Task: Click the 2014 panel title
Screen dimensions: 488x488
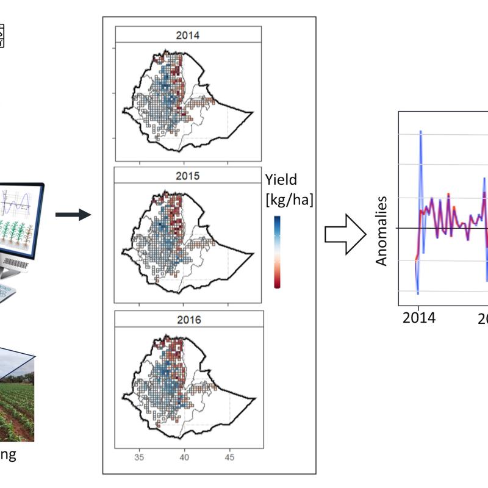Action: [x=188, y=35]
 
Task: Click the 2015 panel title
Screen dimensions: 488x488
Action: [x=188, y=176]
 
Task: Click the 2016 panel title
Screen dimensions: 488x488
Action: [x=188, y=319]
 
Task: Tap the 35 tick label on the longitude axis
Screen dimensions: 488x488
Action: [x=139, y=457]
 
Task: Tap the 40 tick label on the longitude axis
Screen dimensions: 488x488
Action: [x=185, y=457]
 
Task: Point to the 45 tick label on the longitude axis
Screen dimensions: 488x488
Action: [x=230, y=457]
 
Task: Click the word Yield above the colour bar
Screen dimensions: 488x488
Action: [x=281, y=179]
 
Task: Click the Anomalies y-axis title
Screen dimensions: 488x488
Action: [x=382, y=231]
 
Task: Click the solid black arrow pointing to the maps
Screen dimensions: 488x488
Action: [x=73, y=214]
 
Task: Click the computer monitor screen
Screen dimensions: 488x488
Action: [x=18, y=217]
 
